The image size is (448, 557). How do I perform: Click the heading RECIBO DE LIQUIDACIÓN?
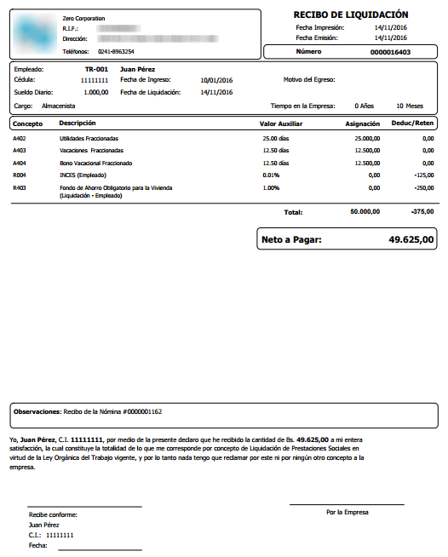(351, 14)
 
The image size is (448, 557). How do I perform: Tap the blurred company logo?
(35, 32)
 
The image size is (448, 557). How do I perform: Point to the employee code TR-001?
(96, 69)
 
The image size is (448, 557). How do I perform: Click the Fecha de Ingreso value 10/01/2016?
(216, 80)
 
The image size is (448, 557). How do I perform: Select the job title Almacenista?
(59, 106)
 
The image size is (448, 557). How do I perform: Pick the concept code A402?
(20, 138)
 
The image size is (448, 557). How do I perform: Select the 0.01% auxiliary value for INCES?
(271, 174)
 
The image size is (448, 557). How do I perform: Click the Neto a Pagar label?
(292, 241)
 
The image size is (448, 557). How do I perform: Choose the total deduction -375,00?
(422, 211)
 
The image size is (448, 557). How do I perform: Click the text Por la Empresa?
(347, 512)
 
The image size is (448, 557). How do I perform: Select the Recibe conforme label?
(53, 514)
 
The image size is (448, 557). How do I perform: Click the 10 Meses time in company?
(410, 106)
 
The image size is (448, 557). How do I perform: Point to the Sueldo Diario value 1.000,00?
(96, 91)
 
